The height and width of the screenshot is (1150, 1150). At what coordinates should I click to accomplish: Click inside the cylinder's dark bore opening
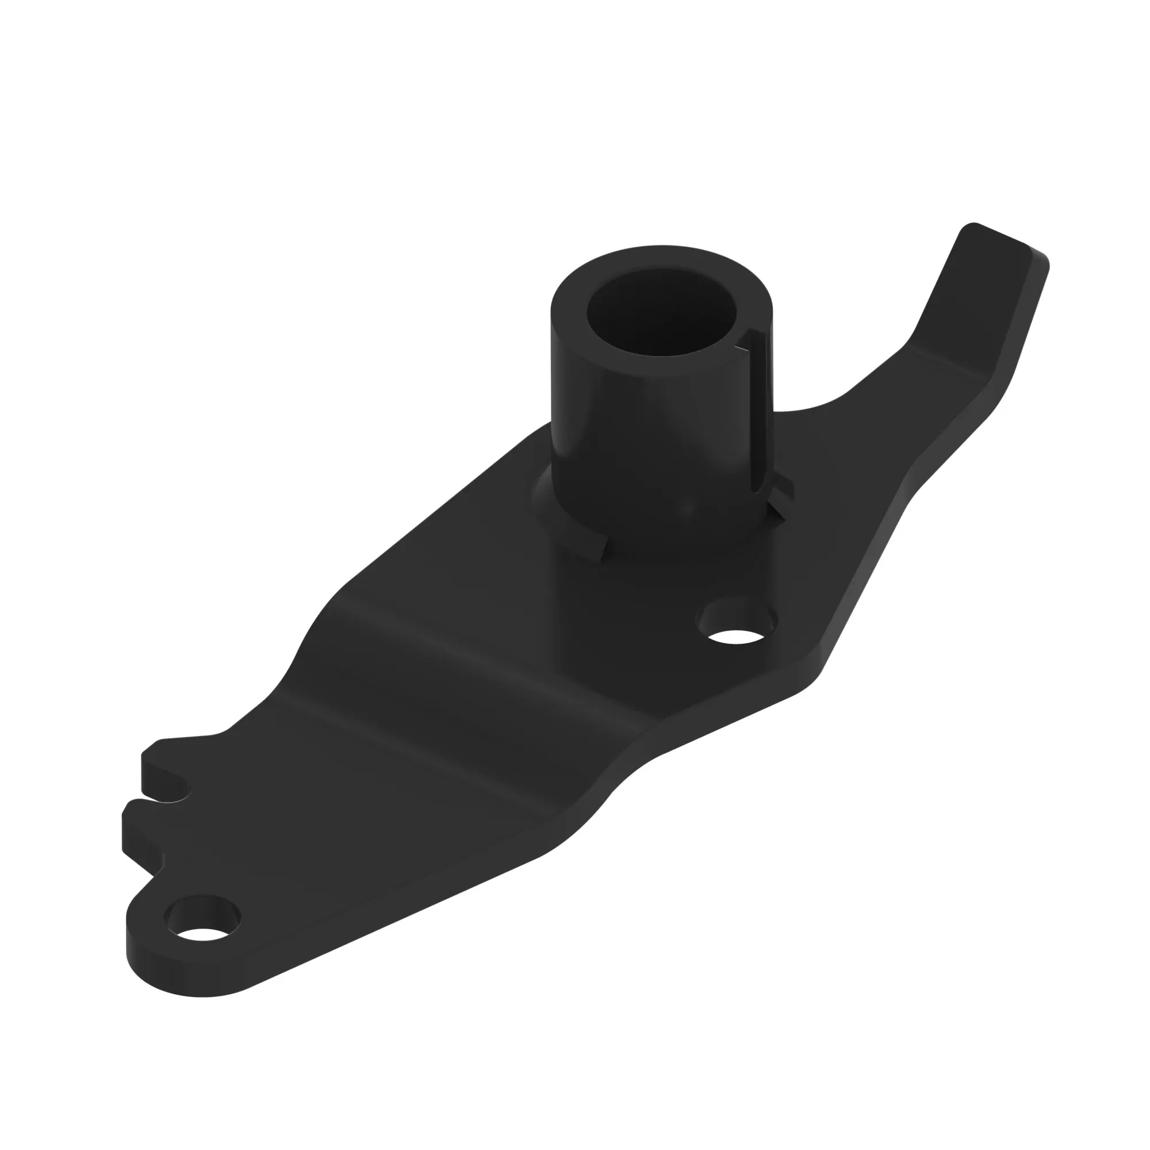point(661,316)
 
